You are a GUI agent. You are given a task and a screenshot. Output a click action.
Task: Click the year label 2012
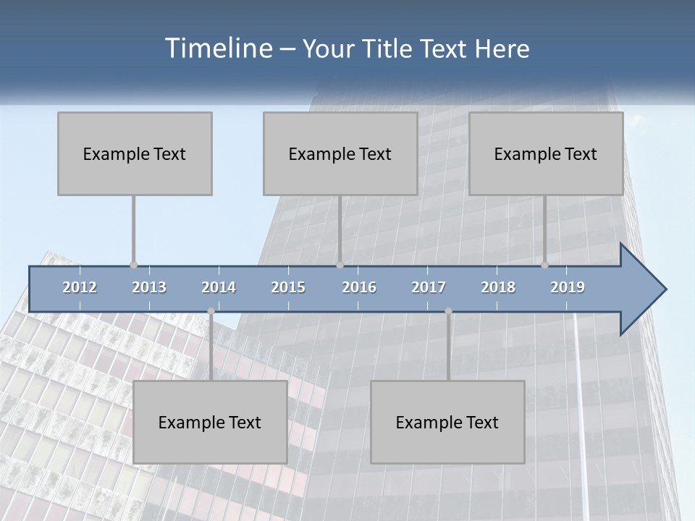(x=80, y=287)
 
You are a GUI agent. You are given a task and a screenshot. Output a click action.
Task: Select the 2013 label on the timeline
(x=149, y=287)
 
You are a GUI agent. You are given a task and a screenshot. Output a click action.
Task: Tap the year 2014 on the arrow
(x=219, y=287)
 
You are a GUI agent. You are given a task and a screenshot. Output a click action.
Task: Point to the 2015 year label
(x=288, y=287)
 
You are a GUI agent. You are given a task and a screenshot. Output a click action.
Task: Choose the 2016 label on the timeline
(x=359, y=287)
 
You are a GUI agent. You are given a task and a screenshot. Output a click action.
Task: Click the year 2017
(x=429, y=287)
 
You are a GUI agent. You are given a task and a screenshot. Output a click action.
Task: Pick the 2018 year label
(x=498, y=287)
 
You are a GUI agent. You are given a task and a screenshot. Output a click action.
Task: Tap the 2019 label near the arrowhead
(x=568, y=287)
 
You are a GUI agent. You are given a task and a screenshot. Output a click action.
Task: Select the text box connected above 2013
(x=135, y=153)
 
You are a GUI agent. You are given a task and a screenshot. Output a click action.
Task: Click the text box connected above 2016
(x=340, y=153)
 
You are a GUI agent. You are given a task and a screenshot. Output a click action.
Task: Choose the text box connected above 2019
(x=546, y=153)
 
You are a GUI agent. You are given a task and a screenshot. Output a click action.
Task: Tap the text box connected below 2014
(x=210, y=422)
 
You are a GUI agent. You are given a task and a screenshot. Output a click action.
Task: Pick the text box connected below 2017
(x=447, y=422)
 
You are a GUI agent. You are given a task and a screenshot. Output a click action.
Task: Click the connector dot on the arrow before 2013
(x=133, y=266)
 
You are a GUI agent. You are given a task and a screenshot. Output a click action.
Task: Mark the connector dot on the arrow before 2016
(x=340, y=266)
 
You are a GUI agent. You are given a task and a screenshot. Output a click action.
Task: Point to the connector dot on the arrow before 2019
(x=545, y=266)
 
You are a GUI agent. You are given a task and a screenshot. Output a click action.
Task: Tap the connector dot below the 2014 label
(x=211, y=311)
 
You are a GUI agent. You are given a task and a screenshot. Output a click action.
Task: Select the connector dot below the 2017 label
(x=448, y=311)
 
